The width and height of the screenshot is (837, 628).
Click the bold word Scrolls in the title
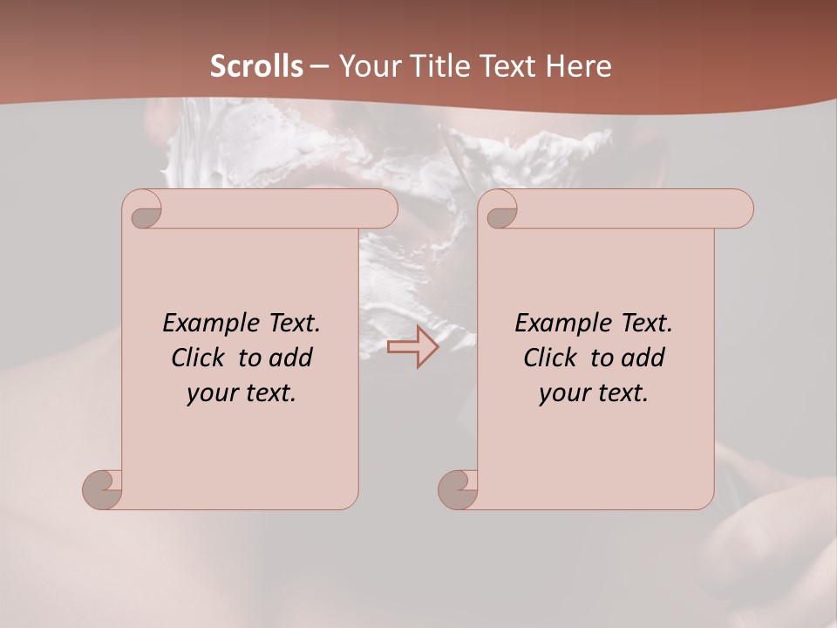point(257,66)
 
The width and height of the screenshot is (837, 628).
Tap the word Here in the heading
point(579,66)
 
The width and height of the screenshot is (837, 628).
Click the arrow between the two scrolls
point(412,346)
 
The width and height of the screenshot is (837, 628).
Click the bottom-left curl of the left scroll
point(103,488)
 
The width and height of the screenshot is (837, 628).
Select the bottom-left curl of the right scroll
point(459,488)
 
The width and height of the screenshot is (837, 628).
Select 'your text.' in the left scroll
point(242,393)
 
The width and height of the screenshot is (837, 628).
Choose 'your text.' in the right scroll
point(594,393)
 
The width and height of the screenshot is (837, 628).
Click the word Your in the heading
point(368,66)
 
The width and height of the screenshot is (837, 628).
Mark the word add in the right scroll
point(644,358)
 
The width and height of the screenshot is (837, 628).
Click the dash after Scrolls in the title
point(319,66)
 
